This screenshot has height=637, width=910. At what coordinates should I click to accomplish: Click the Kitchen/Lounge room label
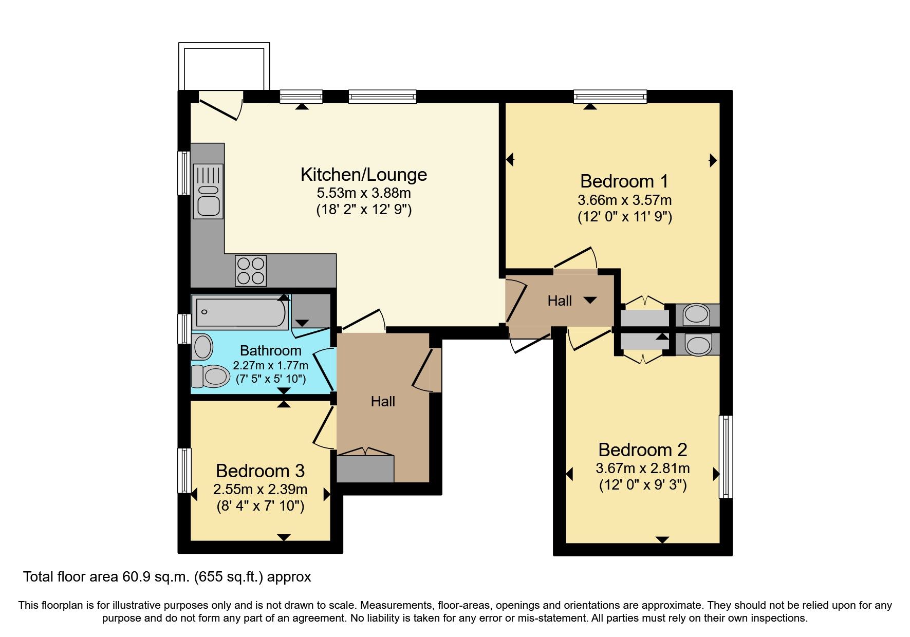(x=363, y=175)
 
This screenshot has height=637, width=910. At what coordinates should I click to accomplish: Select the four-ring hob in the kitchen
(x=251, y=271)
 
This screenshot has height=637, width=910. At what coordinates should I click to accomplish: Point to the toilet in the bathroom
(x=211, y=376)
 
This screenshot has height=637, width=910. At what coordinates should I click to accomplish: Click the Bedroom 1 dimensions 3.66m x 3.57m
(x=624, y=200)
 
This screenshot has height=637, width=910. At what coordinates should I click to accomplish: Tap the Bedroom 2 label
(x=642, y=449)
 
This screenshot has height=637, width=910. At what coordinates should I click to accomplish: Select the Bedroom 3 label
(x=260, y=471)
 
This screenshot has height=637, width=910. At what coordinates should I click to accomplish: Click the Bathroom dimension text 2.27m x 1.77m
(x=270, y=365)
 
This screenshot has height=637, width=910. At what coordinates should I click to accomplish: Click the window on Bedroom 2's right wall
(x=726, y=456)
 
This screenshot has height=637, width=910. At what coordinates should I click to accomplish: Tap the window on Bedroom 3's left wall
(x=184, y=470)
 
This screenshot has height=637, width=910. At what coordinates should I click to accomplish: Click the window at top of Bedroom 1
(x=610, y=96)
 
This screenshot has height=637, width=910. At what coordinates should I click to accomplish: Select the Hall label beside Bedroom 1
(x=560, y=301)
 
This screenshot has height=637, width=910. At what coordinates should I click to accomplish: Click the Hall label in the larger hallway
(x=383, y=401)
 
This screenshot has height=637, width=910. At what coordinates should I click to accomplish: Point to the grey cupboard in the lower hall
(x=365, y=469)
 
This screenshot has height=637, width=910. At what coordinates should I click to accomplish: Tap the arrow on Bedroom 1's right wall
(x=713, y=160)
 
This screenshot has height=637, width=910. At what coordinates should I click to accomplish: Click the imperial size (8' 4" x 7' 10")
(x=260, y=506)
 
